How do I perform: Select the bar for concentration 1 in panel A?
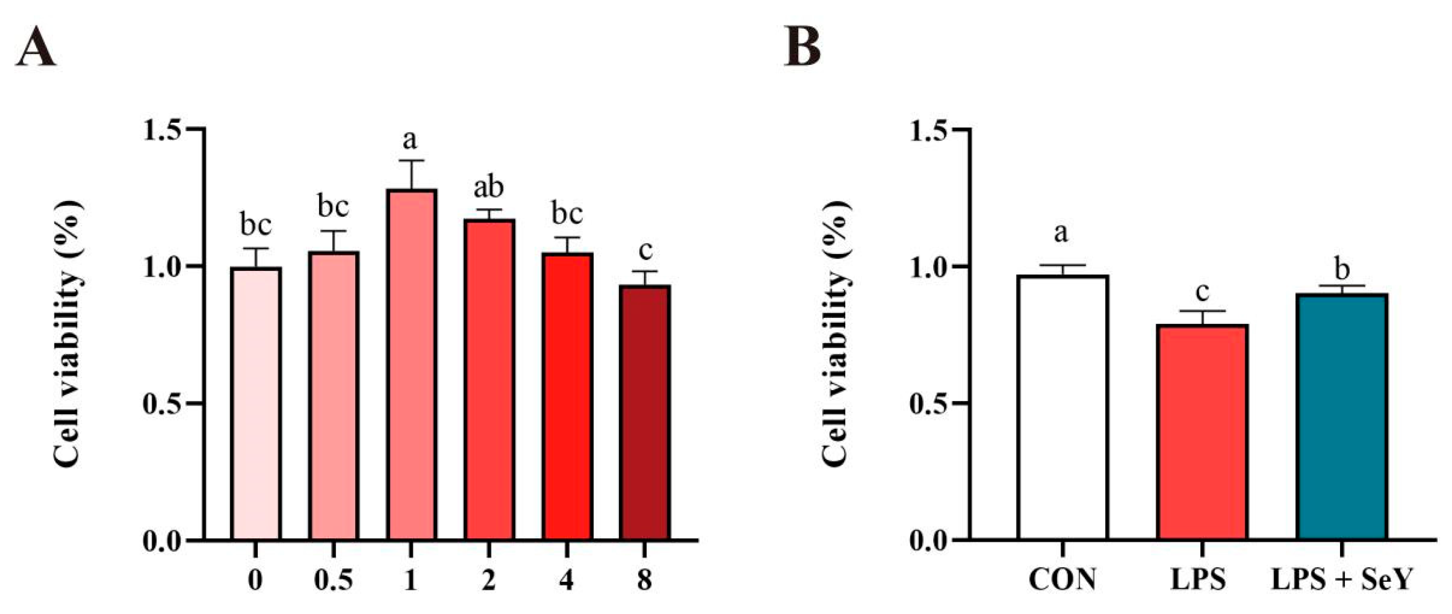(411, 366)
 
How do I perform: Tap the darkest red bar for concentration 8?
(645, 414)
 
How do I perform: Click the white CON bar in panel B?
(1063, 409)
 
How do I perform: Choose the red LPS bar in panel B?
(1202, 434)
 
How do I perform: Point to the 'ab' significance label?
(488, 188)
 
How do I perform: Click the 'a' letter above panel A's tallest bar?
(410, 139)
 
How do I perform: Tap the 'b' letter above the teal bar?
(1342, 270)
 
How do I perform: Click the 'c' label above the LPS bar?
(1202, 292)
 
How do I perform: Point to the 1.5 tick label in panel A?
(164, 130)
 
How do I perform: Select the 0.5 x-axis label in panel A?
(333, 580)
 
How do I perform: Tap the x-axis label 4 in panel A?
(566, 580)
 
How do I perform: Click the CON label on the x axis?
(1062, 580)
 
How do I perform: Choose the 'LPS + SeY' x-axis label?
(1341, 580)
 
